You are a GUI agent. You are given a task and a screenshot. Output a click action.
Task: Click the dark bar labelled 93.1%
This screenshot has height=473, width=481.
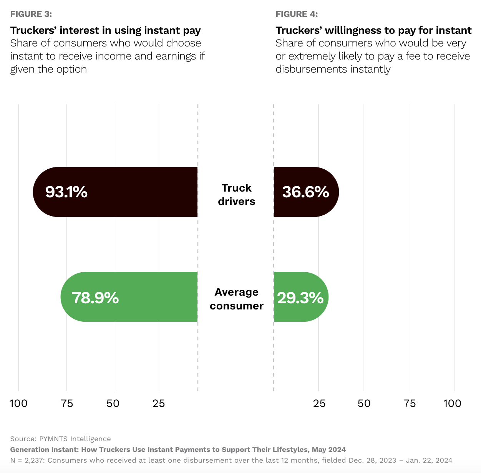click(115, 192)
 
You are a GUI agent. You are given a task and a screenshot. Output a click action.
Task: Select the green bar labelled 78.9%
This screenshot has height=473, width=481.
click(129, 297)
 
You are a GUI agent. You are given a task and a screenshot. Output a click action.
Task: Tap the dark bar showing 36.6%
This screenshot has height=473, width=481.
click(306, 192)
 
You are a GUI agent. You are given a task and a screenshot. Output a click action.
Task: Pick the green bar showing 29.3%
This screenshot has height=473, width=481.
click(301, 297)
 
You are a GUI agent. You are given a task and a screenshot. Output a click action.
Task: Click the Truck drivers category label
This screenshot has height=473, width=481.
click(236, 195)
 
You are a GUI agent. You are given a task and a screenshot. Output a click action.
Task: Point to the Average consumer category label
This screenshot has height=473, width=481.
click(236, 299)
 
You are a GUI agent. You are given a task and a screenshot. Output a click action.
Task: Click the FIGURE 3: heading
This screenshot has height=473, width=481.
click(31, 14)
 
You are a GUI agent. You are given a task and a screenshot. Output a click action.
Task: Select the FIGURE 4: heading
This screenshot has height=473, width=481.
click(297, 14)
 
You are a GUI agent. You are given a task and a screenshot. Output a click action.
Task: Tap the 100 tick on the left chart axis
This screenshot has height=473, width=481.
click(18, 403)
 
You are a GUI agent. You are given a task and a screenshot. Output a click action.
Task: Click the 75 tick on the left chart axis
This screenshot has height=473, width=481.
click(67, 403)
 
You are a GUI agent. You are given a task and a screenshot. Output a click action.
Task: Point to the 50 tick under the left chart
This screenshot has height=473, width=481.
click(113, 403)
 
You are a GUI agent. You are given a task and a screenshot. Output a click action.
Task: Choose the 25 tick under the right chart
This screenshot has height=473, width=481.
click(319, 403)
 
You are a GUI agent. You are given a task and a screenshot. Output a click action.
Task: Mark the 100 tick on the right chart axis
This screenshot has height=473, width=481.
click(452, 403)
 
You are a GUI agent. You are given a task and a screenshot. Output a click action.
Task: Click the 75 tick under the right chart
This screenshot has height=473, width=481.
click(410, 403)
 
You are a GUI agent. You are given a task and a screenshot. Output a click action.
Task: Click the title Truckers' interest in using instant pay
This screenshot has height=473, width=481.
click(106, 30)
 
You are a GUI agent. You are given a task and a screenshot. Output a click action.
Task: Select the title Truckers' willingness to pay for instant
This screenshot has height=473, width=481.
click(373, 30)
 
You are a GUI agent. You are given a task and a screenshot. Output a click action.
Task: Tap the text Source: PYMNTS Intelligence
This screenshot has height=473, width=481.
click(60, 439)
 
